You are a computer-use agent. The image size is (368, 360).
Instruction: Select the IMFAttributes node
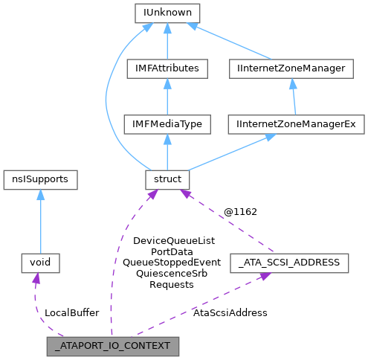click(167, 68)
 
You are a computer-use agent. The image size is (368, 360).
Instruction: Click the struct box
click(167, 180)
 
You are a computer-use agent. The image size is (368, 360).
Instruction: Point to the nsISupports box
click(39, 180)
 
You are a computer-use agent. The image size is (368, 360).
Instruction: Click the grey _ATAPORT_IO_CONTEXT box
click(112, 346)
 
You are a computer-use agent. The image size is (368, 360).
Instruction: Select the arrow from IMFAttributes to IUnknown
click(167, 41)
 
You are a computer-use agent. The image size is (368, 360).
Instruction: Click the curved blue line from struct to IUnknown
click(109, 97)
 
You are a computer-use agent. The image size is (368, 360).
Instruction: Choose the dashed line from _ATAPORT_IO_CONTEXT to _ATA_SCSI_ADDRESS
click(201, 305)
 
